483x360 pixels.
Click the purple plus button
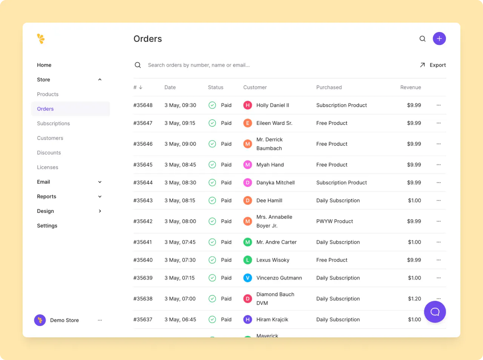click(439, 38)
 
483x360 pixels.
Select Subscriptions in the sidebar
click(53, 123)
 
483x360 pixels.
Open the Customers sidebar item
click(50, 138)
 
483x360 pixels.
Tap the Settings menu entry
click(47, 226)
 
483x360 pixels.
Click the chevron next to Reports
click(100, 197)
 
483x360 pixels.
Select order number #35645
click(143, 165)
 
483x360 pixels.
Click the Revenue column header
click(410, 87)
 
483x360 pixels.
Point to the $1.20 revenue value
click(414, 298)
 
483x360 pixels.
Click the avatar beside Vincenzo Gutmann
click(248, 278)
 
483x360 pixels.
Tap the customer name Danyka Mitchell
click(275, 183)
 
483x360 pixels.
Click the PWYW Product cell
click(334, 221)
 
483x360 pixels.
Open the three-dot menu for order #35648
click(438, 105)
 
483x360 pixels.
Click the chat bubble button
click(435, 312)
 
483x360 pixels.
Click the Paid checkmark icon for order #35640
click(212, 260)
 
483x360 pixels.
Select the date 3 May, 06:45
click(180, 320)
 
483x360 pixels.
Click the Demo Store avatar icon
click(40, 320)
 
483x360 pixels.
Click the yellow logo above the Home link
click(41, 38)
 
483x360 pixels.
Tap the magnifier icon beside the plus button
click(423, 38)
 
